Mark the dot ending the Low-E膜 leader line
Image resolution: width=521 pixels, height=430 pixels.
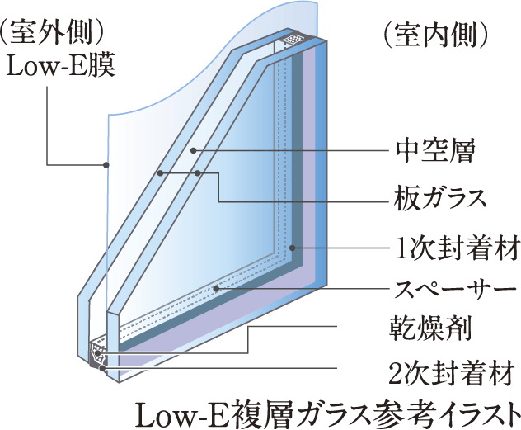pos(106,164)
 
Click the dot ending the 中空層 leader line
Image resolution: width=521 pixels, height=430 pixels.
pos(193,151)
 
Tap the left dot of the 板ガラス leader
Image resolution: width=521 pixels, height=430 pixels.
pos(162,173)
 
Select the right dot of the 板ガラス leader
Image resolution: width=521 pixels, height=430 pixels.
pos(199,173)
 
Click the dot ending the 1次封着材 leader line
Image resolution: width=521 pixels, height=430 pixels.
pos(294,247)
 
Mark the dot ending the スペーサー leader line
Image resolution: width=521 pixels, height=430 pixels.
pos(216,289)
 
